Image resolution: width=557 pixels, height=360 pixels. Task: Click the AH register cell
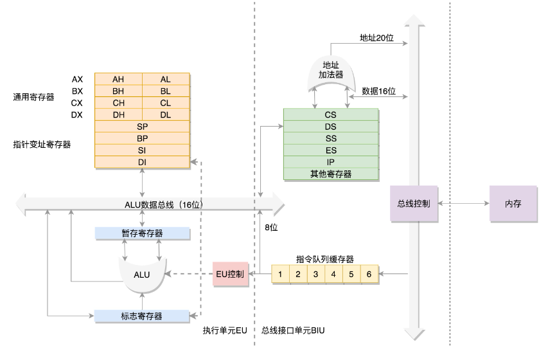coord(118,79)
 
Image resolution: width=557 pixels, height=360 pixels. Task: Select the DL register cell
coord(166,115)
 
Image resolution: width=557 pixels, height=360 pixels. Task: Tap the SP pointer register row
coord(142,127)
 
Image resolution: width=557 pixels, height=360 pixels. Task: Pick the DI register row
coord(142,162)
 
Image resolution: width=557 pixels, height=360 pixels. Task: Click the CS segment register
coord(330,114)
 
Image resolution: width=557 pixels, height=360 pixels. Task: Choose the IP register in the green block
coord(330,162)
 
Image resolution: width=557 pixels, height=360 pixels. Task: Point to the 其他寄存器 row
coord(330,174)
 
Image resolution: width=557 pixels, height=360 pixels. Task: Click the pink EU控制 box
coord(229,274)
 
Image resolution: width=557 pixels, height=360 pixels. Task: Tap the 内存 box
coord(512,204)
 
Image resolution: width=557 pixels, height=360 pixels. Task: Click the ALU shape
coord(142,274)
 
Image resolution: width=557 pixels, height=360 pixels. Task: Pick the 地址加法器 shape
coord(331,71)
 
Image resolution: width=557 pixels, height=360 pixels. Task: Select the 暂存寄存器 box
coord(142,233)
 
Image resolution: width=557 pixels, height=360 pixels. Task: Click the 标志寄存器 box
coord(142,316)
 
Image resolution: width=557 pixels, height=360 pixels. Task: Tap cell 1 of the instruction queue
coord(280,274)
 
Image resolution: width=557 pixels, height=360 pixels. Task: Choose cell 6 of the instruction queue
coord(369,274)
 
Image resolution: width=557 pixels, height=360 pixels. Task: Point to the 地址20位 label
coord(376,37)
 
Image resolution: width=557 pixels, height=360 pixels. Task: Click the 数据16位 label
coord(379,91)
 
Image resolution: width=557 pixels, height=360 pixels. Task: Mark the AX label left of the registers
coord(77,79)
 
